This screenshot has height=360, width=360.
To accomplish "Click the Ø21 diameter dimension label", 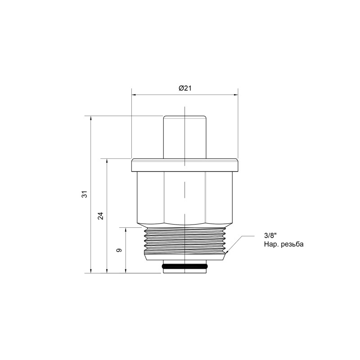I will coord(184,89).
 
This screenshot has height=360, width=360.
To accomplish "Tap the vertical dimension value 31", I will coord(84,194).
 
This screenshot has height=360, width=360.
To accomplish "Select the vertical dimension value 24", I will coord(101,215).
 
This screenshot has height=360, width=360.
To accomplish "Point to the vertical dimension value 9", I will coord(119,250).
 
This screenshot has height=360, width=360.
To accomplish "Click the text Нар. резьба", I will coord(284,245).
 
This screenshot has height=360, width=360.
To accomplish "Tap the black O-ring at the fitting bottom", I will coord(184,268).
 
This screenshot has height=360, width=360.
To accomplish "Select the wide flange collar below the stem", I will coord(184,165).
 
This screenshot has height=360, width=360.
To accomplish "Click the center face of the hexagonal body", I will coord(184,197).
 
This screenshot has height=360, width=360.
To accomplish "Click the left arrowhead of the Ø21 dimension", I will coord(134,95).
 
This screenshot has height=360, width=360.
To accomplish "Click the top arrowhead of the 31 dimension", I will coord(91,118).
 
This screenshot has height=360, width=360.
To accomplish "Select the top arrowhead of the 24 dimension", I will coord(107,161).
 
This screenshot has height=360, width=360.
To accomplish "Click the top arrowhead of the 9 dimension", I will coord(126,229).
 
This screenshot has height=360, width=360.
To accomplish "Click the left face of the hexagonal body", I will coord(150,197).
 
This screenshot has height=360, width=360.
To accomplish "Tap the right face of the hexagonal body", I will coord(219,197).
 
